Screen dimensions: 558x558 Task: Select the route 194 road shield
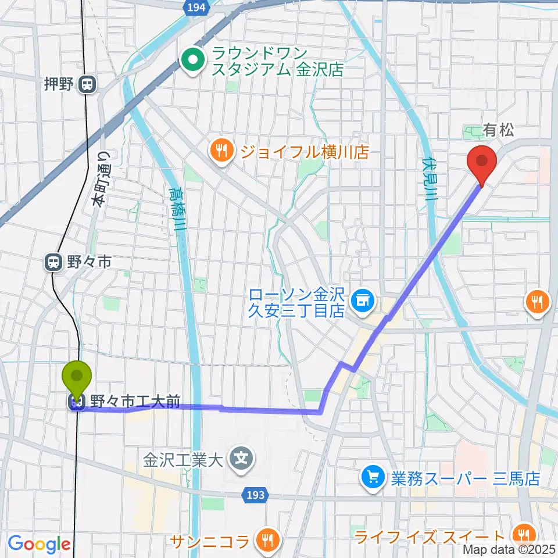pyautogui.click(x=196, y=6)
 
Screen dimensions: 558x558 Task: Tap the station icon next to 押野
pyautogui.click(x=87, y=85)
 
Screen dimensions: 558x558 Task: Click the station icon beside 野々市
pyautogui.click(x=54, y=263)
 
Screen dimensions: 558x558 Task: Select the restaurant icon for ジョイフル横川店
pyautogui.click(x=221, y=152)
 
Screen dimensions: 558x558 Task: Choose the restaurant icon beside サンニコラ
pyautogui.click(x=268, y=540)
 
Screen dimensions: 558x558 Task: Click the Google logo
pyautogui.click(x=39, y=544)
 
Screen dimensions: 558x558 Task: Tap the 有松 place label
pyautogui.click(x=498, y=131)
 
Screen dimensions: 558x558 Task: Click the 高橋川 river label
pyautogui.click(x=176, y=209)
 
